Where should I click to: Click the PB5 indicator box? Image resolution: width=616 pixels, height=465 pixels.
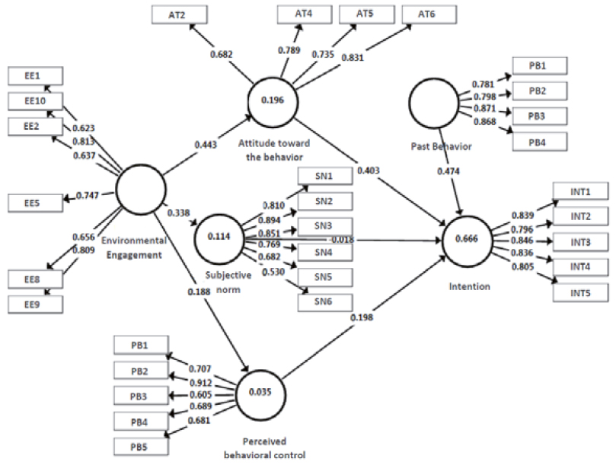click(141, 445)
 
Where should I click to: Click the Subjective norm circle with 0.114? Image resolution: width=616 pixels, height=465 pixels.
click(219, 237)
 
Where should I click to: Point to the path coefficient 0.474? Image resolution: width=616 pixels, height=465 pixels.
click(449, 170)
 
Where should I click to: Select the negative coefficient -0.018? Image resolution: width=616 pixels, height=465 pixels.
click(341, 239)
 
